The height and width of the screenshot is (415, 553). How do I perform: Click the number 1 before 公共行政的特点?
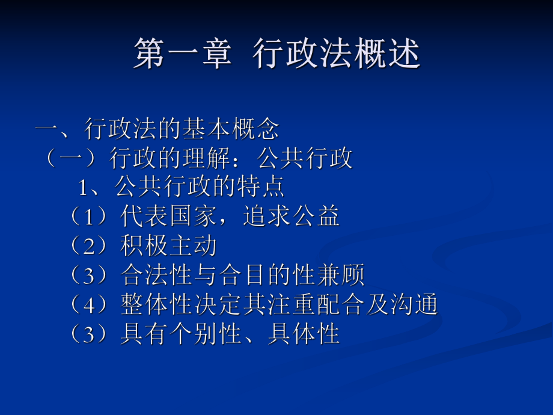coord(84,188)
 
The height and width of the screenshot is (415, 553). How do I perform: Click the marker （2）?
coord(88,246)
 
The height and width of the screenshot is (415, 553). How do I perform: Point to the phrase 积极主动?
coord(169,246)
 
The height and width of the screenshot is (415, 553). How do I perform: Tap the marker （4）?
coord(88,305)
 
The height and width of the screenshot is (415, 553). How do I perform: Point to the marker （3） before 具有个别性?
coord(88,334)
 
